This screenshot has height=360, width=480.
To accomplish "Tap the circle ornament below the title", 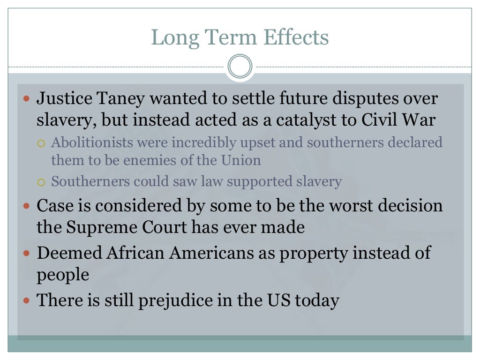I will coord(240,67).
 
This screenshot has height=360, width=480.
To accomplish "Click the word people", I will coord(63,275).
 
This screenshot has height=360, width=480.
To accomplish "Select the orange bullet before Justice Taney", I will coord(27,99).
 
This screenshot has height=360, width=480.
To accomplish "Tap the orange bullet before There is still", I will coord(27,300).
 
